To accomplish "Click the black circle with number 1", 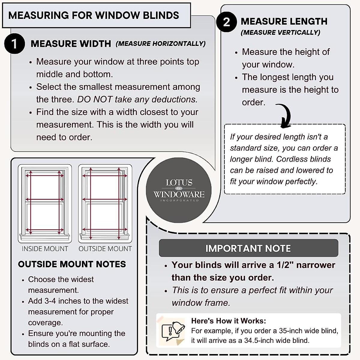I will pos(14,44).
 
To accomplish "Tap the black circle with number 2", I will pos(226,22).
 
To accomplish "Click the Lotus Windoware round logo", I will pos(179,190).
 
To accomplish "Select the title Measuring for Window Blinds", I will pos(94,15).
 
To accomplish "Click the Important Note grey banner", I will pos(248,248).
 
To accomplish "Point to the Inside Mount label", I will pos(45,249).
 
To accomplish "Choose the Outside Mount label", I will pos(105,249).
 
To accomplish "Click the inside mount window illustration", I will pos(45,203).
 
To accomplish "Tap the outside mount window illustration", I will pos(105,203).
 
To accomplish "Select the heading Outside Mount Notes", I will pos(72,264).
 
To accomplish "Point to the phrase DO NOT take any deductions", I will pos(137,99).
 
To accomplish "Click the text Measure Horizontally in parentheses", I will pos(161,44).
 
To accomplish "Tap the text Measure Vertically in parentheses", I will pos(280,32).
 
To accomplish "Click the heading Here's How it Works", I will pos(229,321).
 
